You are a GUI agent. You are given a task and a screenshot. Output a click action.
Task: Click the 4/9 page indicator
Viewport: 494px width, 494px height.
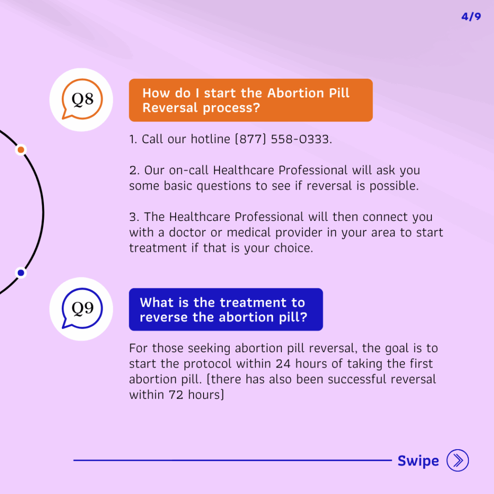(x=471, y=16)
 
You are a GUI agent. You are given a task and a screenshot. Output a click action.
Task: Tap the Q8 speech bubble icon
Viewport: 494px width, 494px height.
(x=82, y=99)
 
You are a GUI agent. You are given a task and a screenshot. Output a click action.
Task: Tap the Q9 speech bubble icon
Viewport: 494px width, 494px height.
(x=82, y=308)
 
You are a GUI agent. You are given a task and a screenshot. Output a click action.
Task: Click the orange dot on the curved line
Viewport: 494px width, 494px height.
(x=21, y=150)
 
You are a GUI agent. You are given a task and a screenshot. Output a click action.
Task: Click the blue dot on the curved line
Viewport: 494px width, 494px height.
(x=21, y=273)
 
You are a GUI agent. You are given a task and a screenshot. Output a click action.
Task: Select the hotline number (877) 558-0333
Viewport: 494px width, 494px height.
(x=284, y=139)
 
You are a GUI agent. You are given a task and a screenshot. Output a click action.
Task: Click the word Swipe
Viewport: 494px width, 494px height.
(x=418, y=461)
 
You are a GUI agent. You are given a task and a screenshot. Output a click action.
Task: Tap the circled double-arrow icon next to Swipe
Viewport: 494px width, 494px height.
(x=457, y=460)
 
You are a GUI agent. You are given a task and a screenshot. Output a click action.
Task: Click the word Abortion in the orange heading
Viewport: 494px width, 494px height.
(x=296, y=93)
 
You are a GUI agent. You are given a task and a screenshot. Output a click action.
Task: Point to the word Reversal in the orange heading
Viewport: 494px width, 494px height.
(x=170, y=108)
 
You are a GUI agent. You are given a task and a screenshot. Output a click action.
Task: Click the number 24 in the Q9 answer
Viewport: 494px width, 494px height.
(x=283, y=364)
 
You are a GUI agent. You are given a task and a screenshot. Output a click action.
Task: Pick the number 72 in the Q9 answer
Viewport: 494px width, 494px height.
(x=176, y=395)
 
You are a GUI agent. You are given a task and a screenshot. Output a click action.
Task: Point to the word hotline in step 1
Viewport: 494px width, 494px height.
(x=210, y=139)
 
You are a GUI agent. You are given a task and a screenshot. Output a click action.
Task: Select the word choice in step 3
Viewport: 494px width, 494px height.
(x=293, y=248)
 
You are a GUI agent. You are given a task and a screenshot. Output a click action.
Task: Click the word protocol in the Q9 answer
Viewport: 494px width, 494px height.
(x=207, y=364)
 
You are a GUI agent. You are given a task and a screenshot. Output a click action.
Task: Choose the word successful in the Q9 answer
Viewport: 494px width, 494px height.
(x=357, y=379)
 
